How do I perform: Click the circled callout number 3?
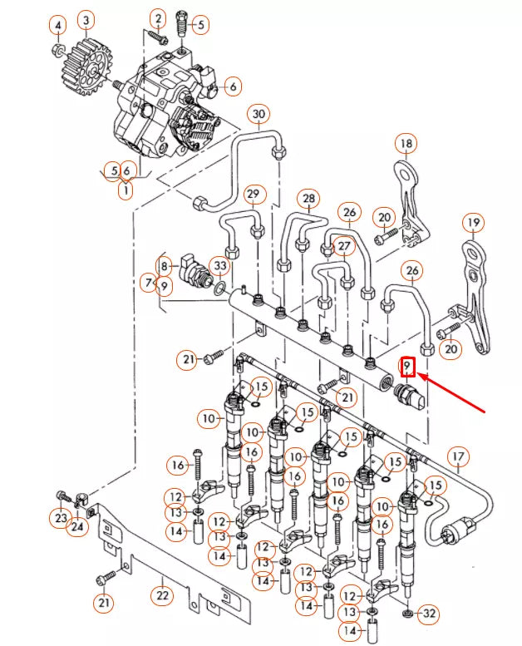pyautogui.click(x=86, y=18)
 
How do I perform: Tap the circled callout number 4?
pyautogui.click(x=57, y=27)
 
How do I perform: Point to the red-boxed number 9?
pyautogui.click(x=407, y=366)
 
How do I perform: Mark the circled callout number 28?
pyautogui.click(x=309, y=199)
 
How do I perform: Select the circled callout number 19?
pyautogui.click(x=473, y=223)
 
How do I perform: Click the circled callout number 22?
pyautogui.click(x=162, y=595)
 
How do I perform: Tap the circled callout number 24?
pyautogui.click(x=76, y=526)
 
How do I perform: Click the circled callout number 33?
pyautogui.click(x=219, y=266)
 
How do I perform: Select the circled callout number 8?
pyautogui.click(x=165, y=266)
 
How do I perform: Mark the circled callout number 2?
pyautogui.click(x=158, y=18)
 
